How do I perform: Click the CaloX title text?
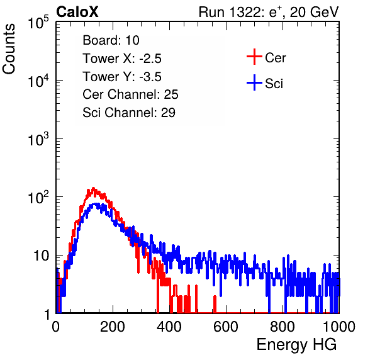(x=77, y=12)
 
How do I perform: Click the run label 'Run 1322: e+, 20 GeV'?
(x=269, y=12)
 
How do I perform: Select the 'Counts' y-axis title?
(x=9, y=49)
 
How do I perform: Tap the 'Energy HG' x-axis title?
(x=296, y=345)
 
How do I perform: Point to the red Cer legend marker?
(x=254, y=57)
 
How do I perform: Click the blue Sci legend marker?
(x=254, y=82)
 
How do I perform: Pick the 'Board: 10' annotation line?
(x=111, y=40)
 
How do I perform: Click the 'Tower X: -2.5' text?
(x=122, y=59)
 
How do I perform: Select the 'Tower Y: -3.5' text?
(x=122, y=77)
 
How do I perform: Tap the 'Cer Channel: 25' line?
(x=130, y=94)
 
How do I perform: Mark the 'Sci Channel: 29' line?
(x=129, y=113)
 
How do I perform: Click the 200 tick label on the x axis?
(x=113, y=327)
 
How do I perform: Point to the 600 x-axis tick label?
(x=226, y=327)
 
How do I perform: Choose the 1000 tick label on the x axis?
(x=339, y=327)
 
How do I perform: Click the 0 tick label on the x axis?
(x=56, y=327)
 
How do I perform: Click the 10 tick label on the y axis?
(x=42, y=256)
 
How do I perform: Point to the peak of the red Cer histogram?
(x=93, y=188)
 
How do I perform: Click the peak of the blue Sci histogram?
(x=96, y=204)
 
